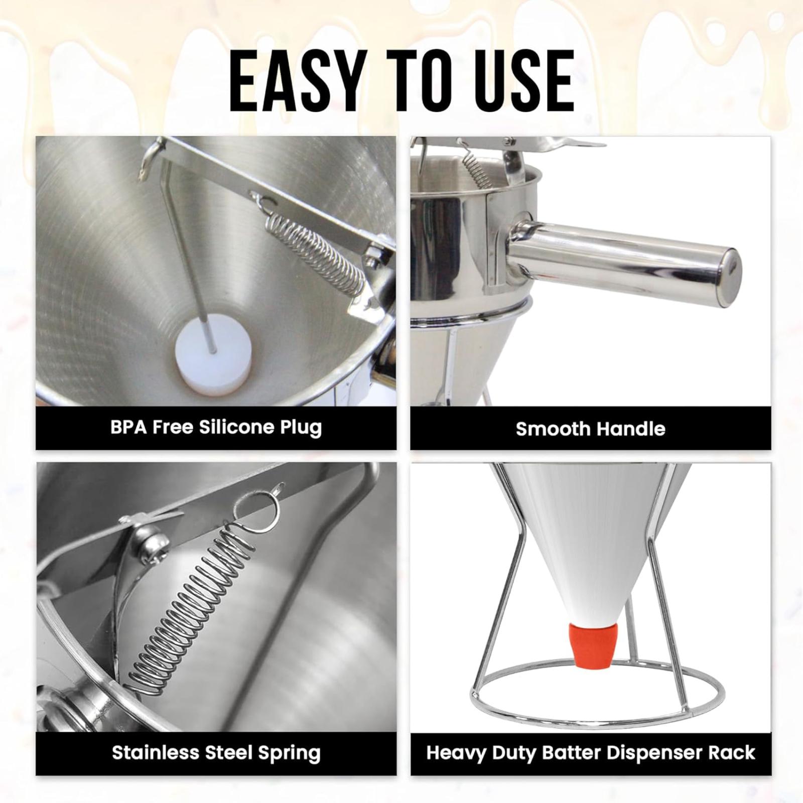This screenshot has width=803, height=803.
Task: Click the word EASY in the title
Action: (x=296, y=81)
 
